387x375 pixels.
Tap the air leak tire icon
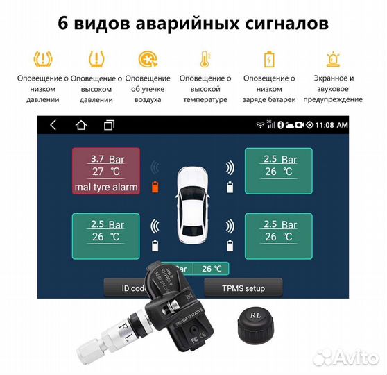tap(146, 58)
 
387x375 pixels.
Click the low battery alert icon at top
tap(268, 58)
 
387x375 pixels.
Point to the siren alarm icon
tap(333, 58)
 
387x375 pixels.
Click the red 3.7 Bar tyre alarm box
tap(106, 170)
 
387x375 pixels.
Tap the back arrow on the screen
tap(53, 125)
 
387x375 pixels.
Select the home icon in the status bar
tap(81, 125)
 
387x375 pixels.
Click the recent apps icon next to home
tap(109, 125)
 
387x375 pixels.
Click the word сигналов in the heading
tap(277, 24)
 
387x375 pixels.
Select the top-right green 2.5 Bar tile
tap(279, 170)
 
